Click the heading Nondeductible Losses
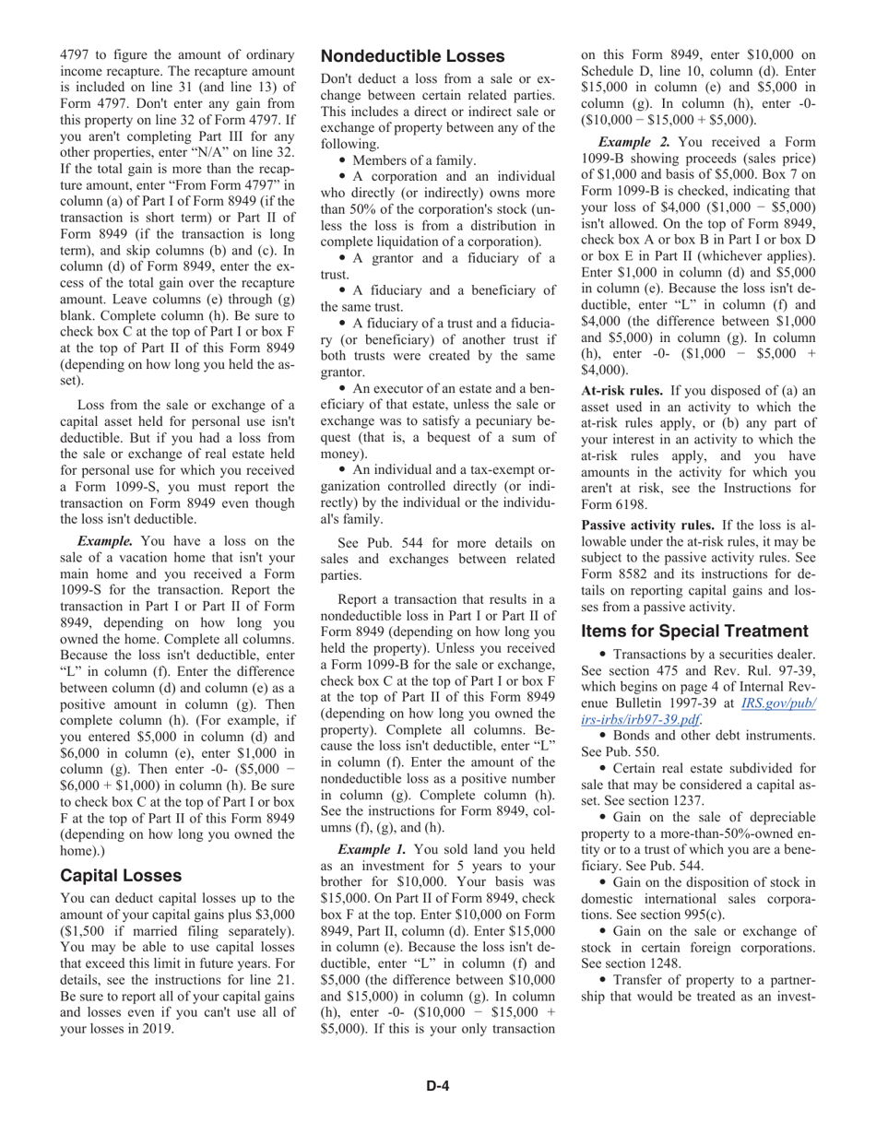tap(412, 56)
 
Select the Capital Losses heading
tap(120, 875)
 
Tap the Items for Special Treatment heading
tap(694, 631)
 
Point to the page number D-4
tap(437, 1086)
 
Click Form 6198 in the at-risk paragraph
tap(615, 504)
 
